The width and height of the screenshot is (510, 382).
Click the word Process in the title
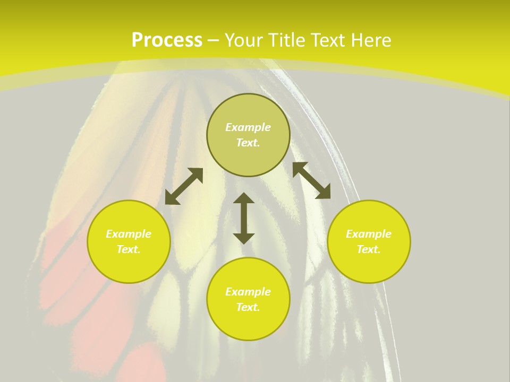pos(167,40)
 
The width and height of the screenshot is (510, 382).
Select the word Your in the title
pos(244,40)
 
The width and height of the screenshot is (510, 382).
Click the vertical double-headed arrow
pos(244,218)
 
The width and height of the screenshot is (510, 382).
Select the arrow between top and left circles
pos(184,186)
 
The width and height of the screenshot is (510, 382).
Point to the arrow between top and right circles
pos(312,180)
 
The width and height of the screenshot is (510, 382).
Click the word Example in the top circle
pos(248,127)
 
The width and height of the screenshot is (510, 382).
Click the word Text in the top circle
pos(248,143)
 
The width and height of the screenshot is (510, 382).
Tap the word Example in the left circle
pos(129,234)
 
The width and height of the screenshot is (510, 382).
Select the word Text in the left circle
pos(129,250)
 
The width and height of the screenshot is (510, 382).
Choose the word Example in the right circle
pos(369,234)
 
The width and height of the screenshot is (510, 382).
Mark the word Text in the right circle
pos(369,250)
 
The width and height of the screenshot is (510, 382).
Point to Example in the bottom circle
pos(248,292)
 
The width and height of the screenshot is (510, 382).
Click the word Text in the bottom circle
pos(248,308)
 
